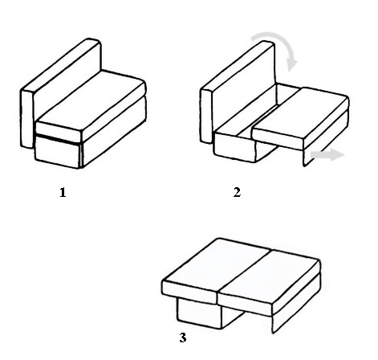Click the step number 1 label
coord(63,193)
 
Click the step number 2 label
coord(237,192)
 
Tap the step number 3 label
coord(183,337)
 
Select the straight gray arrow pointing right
coord(327,155)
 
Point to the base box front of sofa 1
coord(57,151)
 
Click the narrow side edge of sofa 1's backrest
coord(27,119)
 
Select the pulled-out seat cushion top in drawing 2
coord(299,113)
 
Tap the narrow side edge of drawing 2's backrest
coord(206,116)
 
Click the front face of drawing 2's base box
coord(234,147)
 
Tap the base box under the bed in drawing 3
coord(200,313)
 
